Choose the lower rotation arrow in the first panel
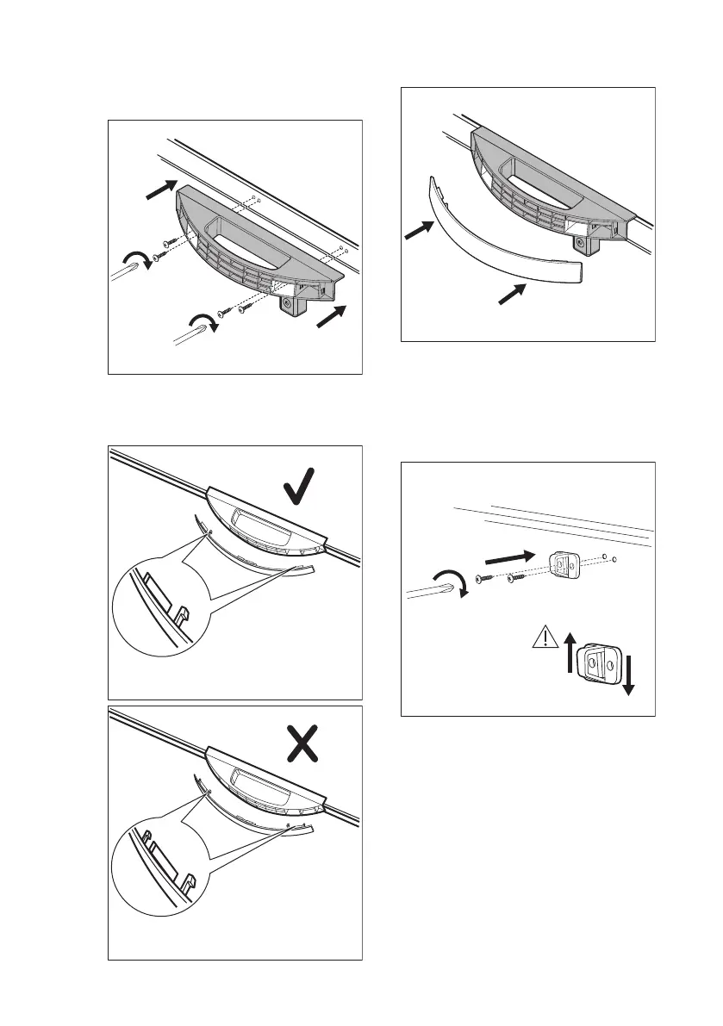tap(200, 325)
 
